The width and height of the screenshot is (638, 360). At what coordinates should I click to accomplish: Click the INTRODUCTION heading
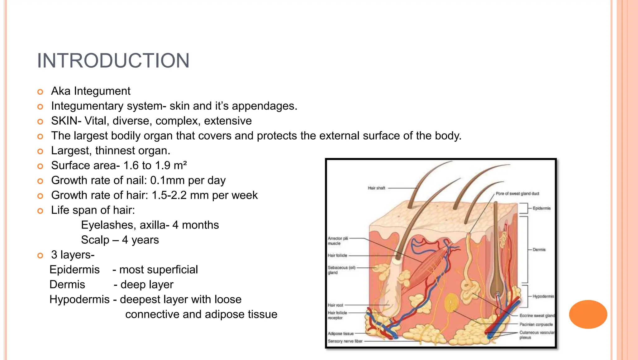point(113,60)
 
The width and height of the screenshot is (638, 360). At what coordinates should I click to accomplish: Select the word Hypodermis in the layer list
point(79,300)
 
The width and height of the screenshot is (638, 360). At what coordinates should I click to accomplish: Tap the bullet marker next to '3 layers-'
point(40,256)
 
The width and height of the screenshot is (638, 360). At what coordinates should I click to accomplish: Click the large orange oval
point(588,314)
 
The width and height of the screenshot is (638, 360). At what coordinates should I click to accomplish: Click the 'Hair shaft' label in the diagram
point(376,188)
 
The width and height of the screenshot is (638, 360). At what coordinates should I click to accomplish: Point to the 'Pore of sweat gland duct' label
point(517,194)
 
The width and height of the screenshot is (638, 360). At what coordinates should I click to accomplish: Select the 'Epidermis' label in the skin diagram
point(541,208)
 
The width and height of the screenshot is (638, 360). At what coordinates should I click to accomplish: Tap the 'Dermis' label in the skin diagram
point(539,250)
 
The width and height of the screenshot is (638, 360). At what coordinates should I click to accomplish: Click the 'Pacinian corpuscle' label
point(536,324)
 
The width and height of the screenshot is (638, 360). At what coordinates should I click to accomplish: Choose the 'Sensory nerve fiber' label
point(345,341)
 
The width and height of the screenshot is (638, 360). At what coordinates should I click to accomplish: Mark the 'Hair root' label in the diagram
point(335,305)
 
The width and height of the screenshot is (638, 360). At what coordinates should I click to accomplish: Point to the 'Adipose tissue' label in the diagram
point(340,334)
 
